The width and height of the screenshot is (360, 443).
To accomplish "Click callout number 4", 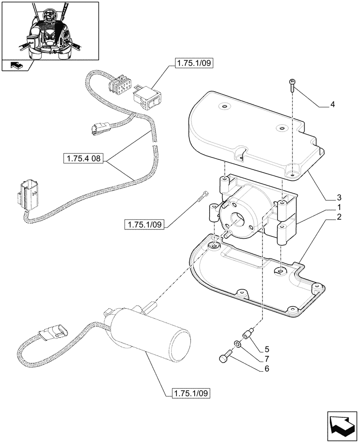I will (333, 105).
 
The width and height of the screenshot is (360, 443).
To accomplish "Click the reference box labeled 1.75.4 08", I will (84, 159).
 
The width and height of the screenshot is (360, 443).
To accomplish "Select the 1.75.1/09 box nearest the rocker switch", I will (194, 64).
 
